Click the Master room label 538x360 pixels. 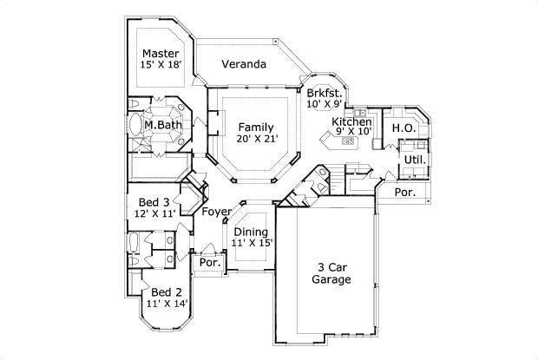tap(161, 54)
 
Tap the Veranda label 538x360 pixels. tap(244, 64)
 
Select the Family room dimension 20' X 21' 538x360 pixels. tap(257, 139)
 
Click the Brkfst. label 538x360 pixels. tap(325, 93)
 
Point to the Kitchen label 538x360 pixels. tap(351, 121)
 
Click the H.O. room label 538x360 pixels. tap(404, 128)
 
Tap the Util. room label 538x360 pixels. tap(415, 160)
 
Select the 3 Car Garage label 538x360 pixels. tap(331, 273)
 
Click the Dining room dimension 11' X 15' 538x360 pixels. tap(252, 243)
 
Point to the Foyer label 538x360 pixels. tap(216, 212)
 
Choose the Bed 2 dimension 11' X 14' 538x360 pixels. tap(167, 304)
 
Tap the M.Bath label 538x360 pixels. tap(162, 125)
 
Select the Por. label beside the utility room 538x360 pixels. tap(405, 193)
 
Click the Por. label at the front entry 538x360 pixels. tap(210, 263)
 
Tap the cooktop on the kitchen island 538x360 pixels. tap(348, 141)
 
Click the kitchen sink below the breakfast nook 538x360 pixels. tap(359, 113)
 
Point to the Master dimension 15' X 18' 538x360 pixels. tap(161, 64)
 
